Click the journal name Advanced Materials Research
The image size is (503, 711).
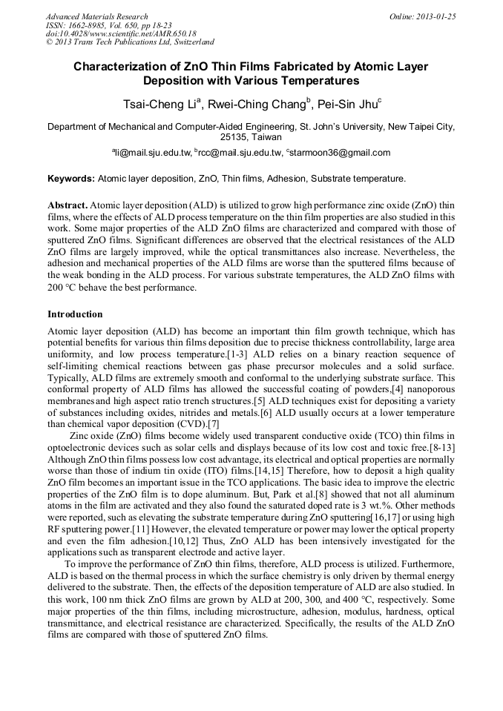96,16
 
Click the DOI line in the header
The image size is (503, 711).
121,33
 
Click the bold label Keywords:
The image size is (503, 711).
71,179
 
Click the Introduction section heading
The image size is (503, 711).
75,314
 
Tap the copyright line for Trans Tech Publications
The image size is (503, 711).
131,42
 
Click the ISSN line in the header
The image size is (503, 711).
109,24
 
